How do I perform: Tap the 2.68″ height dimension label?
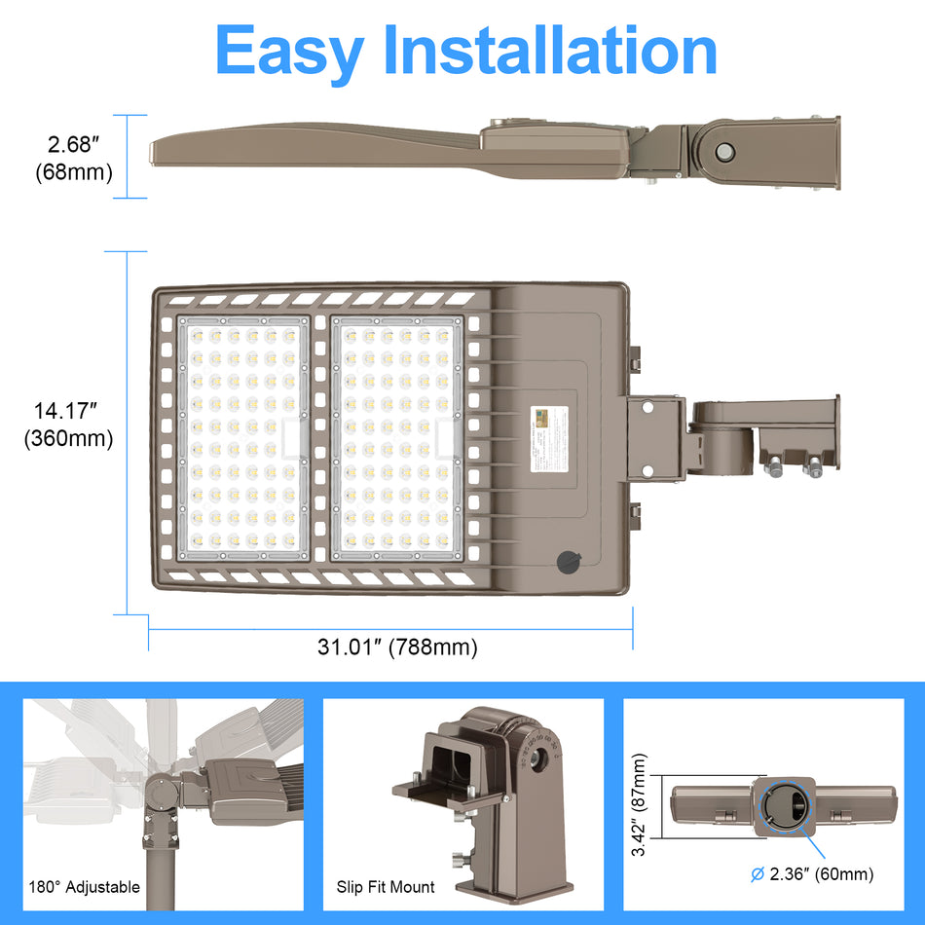(x=75, y=145)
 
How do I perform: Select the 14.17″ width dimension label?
(x=68, y=411)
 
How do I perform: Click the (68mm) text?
(x=74, y=172)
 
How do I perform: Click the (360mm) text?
(x=68, y=438)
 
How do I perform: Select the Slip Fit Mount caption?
(x=386, y=886)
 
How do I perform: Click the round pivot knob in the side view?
(x=725, y=151)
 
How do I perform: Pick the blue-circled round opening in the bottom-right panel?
(x=786, y=807)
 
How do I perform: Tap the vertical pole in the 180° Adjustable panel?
(x=155, y=857)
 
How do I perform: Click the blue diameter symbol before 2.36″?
(x=757, y=874)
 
